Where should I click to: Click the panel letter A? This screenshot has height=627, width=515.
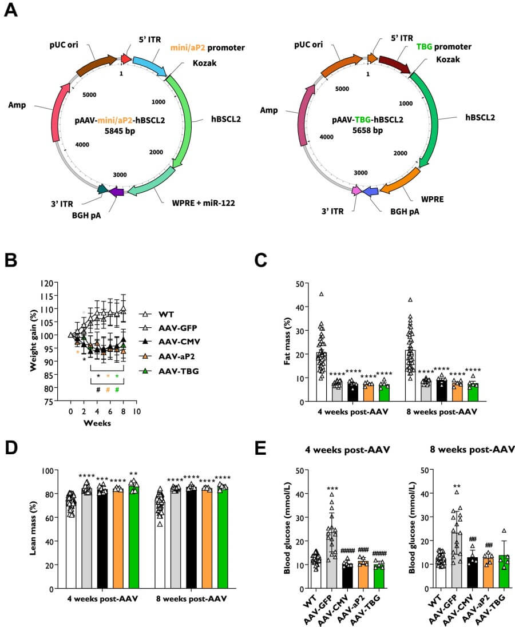click(x=11, y=11)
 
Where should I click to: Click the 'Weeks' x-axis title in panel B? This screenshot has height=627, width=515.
click(x=97, y=423)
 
